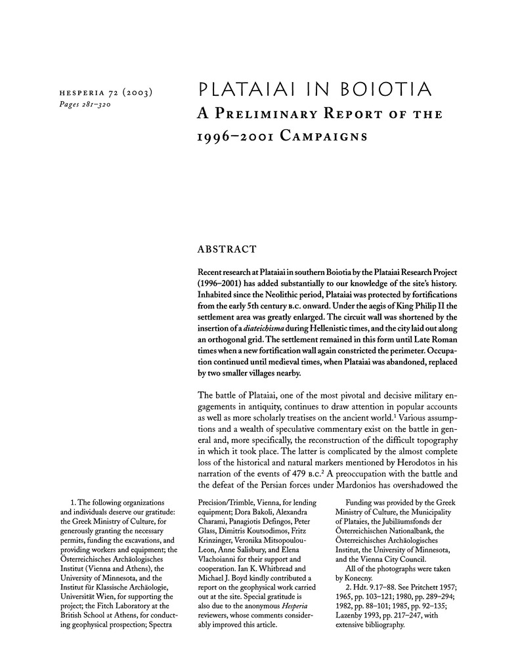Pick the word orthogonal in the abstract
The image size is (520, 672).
(232, 341)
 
